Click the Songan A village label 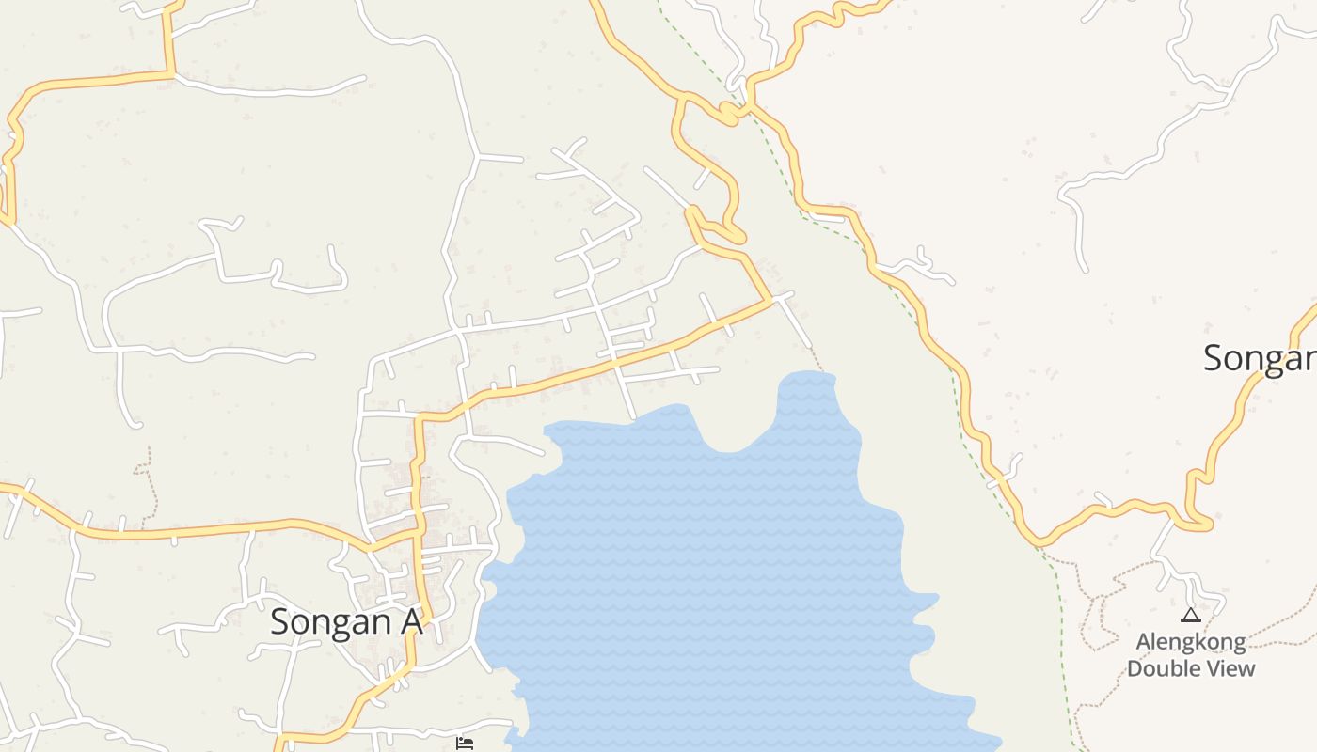click(345, 622)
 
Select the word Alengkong click(1191, 643)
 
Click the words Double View click(1191, 668)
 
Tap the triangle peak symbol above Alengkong click(1191, 616)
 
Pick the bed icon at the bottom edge click(464, 744)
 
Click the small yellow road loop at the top click(728, 115)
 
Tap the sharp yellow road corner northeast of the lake click(770, 301)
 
